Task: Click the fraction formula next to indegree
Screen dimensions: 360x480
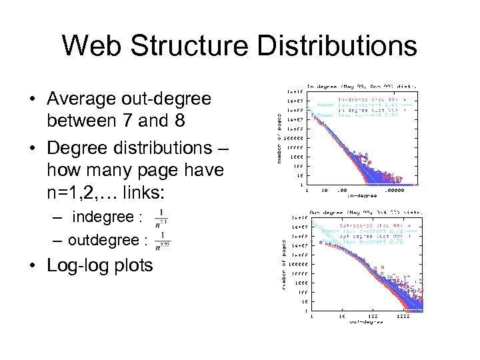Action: [161, 218]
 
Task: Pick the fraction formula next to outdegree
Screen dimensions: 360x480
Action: [163, 241]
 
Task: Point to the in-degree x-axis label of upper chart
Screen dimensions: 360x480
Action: [362, 195]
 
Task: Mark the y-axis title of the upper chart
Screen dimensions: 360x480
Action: [278, 137]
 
